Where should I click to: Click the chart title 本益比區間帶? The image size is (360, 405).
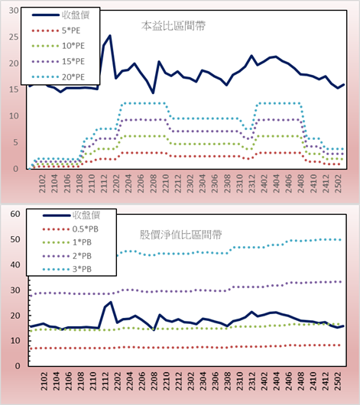point(174,26)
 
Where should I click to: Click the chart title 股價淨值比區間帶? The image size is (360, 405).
point(180,235)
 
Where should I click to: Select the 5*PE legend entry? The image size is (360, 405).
point(56,31)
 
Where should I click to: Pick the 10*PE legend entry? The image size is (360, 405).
point(58,46)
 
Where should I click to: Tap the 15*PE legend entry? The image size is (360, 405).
point(58,61)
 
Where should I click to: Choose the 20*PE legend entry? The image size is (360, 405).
point(58,77)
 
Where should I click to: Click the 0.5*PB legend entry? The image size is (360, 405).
point(70,229)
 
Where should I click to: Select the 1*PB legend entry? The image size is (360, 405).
point(67,242)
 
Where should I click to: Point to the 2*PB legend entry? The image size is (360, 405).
point(67,256)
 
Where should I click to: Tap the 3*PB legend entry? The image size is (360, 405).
point(67,269)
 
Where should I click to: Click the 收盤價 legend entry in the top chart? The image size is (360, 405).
point(60,15)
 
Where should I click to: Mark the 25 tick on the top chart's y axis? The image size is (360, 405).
point(14,37)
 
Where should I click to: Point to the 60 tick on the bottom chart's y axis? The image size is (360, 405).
point(15,214)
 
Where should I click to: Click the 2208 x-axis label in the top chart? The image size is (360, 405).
point(154,183)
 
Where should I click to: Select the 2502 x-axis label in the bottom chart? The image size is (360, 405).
point(338,381)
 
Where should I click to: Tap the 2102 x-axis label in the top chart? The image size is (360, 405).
point(42,183)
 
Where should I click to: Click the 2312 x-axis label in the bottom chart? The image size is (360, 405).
point(251,381)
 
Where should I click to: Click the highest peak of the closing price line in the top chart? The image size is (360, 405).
point(110,35)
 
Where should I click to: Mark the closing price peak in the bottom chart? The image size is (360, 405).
point(111,302)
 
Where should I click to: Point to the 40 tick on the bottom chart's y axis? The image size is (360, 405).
point(15,264)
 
